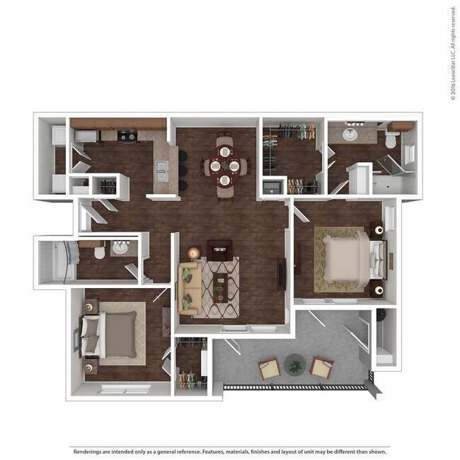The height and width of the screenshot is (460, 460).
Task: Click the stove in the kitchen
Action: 127,136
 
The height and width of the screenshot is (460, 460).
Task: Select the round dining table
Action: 225,166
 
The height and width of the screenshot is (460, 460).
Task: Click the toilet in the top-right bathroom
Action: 391,140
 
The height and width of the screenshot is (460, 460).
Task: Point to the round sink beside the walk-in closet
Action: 350,134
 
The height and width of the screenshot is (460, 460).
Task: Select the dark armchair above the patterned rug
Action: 219,250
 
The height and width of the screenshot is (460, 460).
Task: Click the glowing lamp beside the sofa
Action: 193,253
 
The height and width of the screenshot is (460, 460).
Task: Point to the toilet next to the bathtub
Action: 99,251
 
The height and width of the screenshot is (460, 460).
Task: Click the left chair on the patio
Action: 269,368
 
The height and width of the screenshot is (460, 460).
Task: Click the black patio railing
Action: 297,387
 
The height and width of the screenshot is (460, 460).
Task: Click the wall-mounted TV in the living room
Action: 282,273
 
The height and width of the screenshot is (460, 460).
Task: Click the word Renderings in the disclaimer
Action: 90,450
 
